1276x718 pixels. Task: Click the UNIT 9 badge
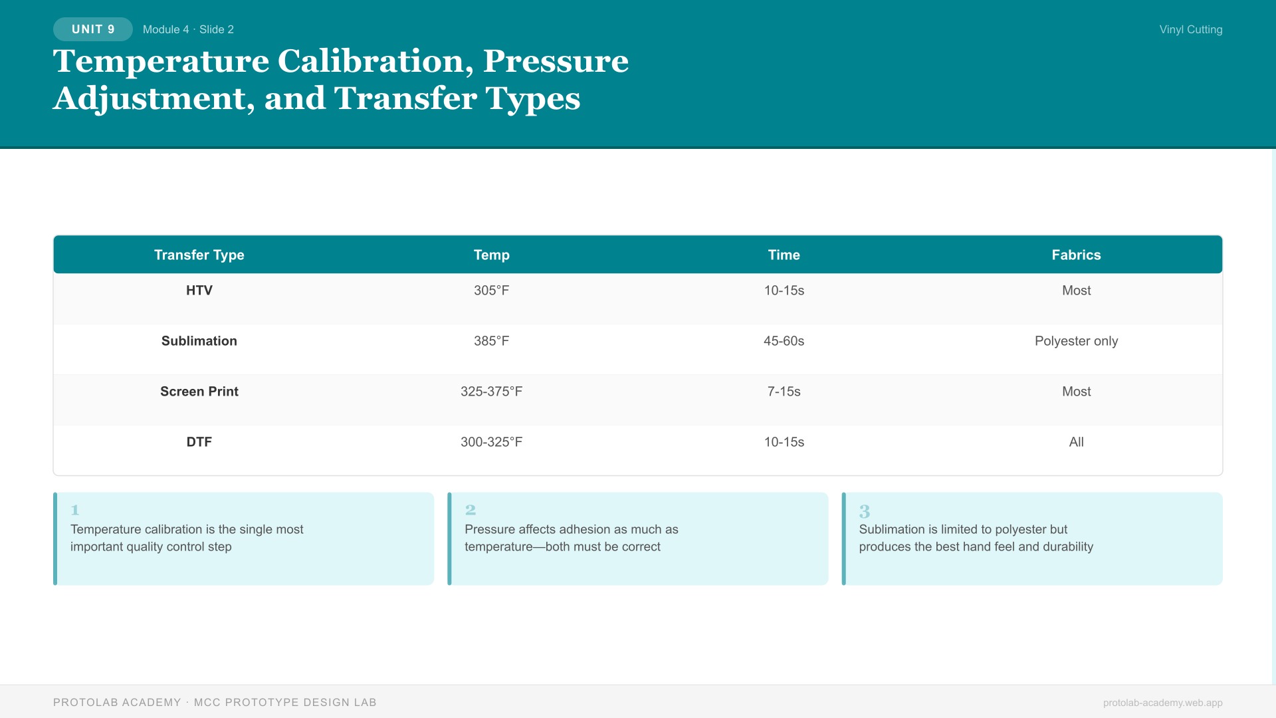point(93,29)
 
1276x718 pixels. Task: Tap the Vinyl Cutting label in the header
point(1190,29)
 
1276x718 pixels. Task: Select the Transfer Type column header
point(199,255)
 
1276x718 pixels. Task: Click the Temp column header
point(491,255)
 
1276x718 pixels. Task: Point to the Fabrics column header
point(1076,255)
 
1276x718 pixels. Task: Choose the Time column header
point(784,255)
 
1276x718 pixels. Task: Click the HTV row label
point(199,291)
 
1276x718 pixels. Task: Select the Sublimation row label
point(199,341)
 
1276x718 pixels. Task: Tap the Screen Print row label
point(199,392)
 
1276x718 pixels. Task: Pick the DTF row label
point(199,442)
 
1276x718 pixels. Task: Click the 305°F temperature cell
point(491,291)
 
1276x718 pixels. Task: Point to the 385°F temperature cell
point(491,341)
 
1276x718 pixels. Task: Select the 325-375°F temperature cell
point(491,392)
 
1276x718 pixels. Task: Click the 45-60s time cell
point(784,341)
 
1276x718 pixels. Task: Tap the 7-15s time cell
point(784,392)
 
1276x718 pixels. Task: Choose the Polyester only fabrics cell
point(1076,341)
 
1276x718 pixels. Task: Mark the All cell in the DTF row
point(1076,442)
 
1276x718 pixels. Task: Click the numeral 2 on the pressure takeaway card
point(471,510)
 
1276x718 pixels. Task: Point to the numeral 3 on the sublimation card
point(864,511)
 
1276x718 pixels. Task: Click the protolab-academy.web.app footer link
point(1162,703)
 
